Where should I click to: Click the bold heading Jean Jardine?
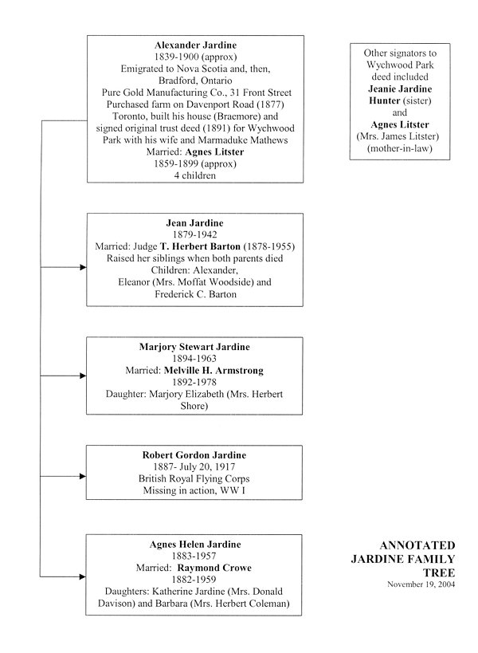pos(194,222)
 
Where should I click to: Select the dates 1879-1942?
pos(194,235)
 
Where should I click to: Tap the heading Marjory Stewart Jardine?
pos(194,346)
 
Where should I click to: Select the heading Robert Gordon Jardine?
pos(194,454)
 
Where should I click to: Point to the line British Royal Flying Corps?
pos(194,479)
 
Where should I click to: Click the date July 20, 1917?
pos(214,467)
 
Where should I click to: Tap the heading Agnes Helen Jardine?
pos(194,544)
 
